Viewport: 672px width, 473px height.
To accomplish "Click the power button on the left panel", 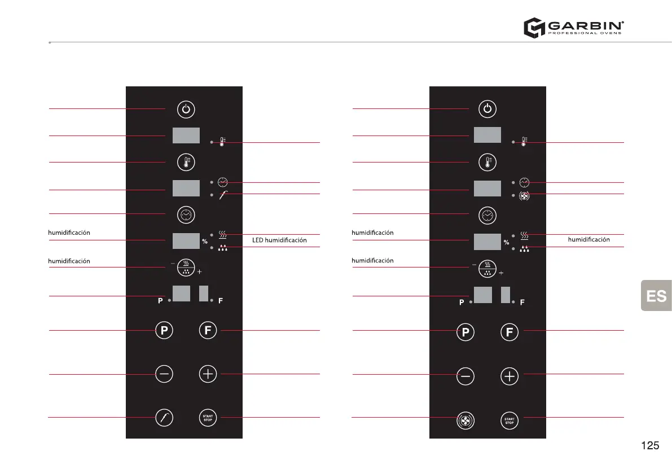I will point(186,109).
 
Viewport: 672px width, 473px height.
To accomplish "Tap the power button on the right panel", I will point(488,109).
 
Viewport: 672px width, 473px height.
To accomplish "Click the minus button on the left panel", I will point(164,374).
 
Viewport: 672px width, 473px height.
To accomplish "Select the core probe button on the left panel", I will point(164,418).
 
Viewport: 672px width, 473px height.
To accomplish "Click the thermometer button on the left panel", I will point(186,163).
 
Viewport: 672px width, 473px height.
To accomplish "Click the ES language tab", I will point(656,296).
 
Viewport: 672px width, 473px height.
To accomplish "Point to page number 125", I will point(650,446).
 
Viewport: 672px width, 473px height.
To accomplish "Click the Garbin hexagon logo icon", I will point(533,28).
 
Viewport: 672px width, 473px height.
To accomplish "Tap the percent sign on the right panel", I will point(506,243).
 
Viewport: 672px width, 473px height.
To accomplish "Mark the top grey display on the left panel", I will point(186,136).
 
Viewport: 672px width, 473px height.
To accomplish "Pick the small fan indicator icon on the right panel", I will point(524,195).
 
